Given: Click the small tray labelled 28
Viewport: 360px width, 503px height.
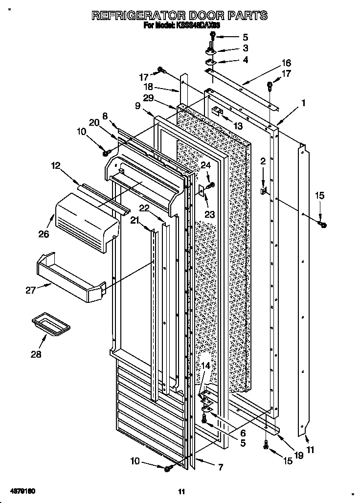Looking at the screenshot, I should point(50,324).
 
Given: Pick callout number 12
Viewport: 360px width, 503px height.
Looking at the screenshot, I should point(55,166).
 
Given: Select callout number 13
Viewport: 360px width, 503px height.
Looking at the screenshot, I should point(238,126).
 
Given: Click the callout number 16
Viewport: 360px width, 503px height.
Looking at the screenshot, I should point(286,63).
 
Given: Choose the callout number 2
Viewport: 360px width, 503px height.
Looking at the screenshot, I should point(263,161).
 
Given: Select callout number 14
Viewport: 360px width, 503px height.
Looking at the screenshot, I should point(206,366).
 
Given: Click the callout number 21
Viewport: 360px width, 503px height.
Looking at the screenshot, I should point(135,221).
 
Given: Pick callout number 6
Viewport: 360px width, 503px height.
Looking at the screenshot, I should point(243,433).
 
